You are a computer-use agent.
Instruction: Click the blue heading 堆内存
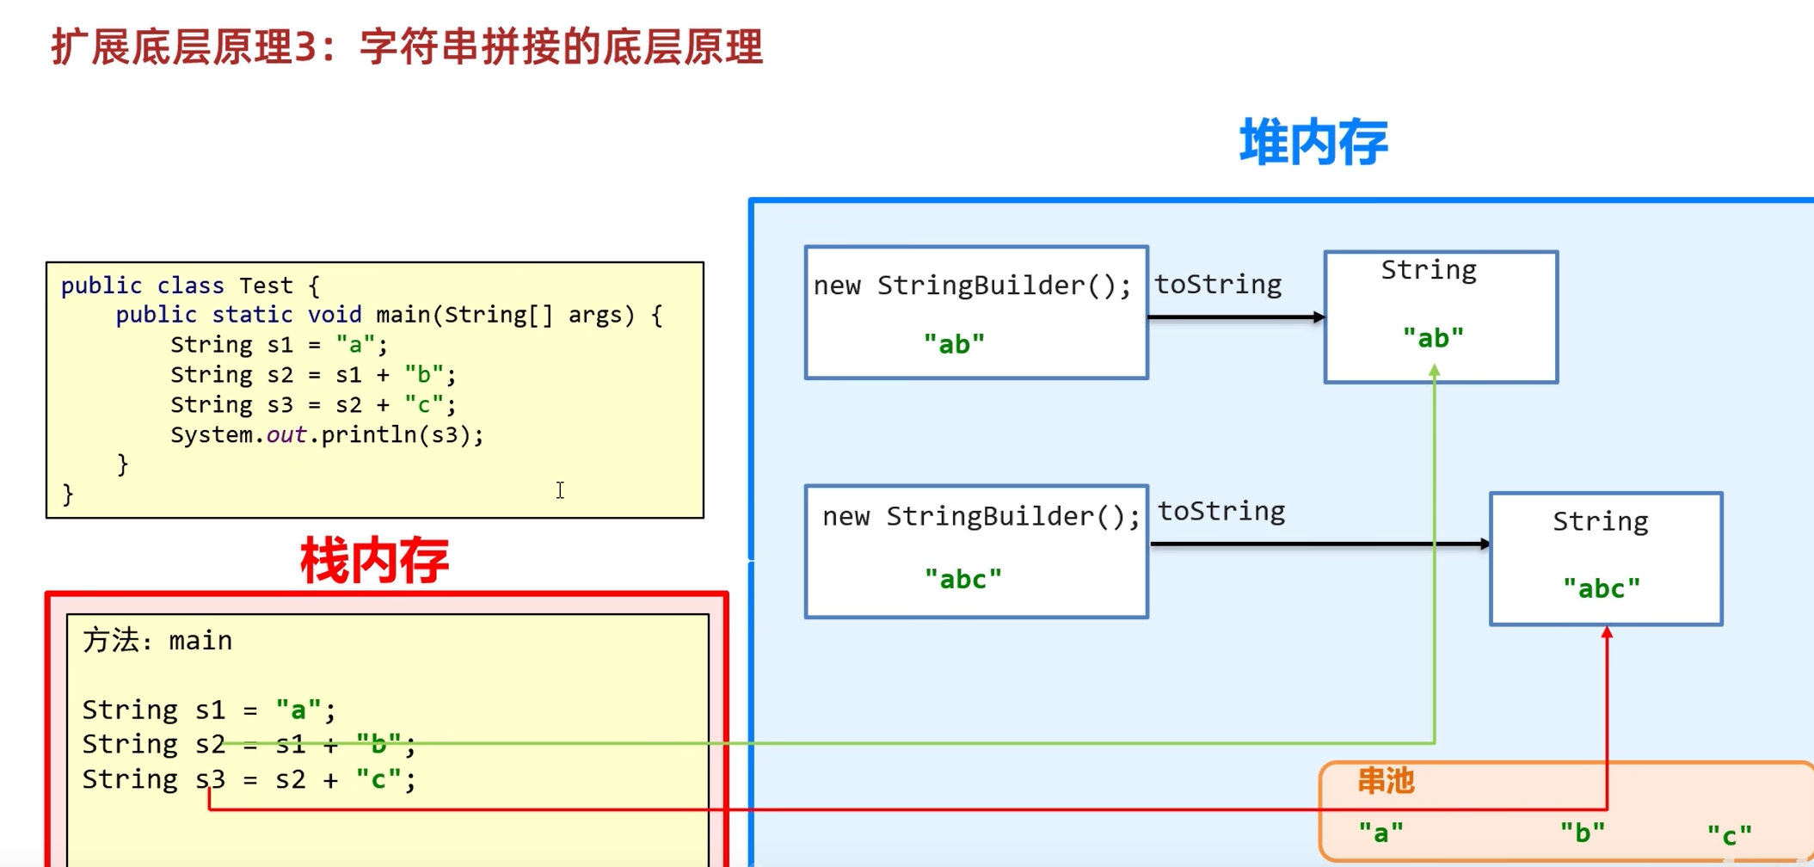click(1313, 143)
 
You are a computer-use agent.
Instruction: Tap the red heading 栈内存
click(374, 561)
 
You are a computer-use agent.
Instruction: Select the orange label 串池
click(1386, 781)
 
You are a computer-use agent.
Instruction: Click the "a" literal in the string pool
click(1380, 833)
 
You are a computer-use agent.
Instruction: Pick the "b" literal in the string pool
click(1583, 833)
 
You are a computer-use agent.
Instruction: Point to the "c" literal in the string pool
click(1729, 834)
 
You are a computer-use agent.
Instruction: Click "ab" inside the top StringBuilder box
click(954, 344)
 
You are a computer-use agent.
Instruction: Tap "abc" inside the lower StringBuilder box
click(963, 579)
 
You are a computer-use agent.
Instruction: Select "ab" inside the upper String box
click(1433, 338)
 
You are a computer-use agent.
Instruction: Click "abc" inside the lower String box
click(1602, 588)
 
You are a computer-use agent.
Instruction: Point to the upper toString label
click(1218, 285)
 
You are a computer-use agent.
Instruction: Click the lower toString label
click(1221, 512)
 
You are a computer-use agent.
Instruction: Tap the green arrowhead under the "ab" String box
click(1435, 371)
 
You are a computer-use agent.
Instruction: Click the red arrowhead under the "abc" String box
click(1607, 633)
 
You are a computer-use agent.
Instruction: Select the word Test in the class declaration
click(266, 286)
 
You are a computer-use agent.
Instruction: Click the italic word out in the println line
click(286, 435)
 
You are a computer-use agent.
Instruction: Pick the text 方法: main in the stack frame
click(157, 641)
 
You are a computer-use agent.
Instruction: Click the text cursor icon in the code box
click(560, 490)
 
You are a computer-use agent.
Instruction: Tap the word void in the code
click(335, 315)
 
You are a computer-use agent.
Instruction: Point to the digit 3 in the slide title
click(305, 47)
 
